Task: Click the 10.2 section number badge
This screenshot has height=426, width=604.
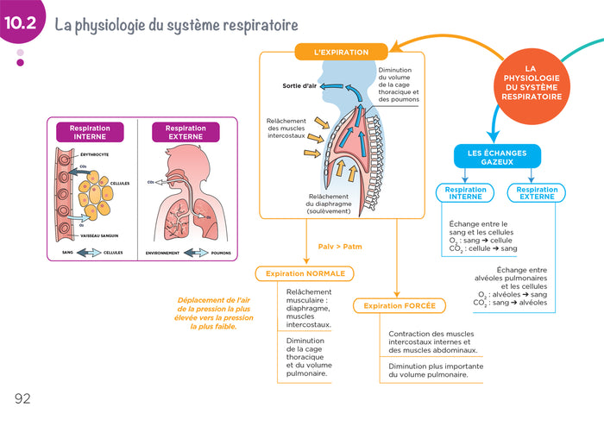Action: [19, 24]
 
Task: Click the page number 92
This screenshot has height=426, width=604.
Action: [22, 398]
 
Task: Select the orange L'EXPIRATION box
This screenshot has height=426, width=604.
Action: [341, 53]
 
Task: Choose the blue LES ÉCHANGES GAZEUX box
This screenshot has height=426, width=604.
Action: [496, 157]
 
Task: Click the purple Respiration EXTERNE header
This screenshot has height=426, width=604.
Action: [185, 132]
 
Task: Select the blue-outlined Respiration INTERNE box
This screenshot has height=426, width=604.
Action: [465, 193]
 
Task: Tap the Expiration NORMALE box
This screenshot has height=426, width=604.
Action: [305, 273]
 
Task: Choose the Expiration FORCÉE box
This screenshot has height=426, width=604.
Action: [399, 305]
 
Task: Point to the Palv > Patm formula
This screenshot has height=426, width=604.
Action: [340, 247]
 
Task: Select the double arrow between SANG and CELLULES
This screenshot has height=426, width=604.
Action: [87, 253]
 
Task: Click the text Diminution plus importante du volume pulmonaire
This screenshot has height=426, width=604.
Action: [429, 371]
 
